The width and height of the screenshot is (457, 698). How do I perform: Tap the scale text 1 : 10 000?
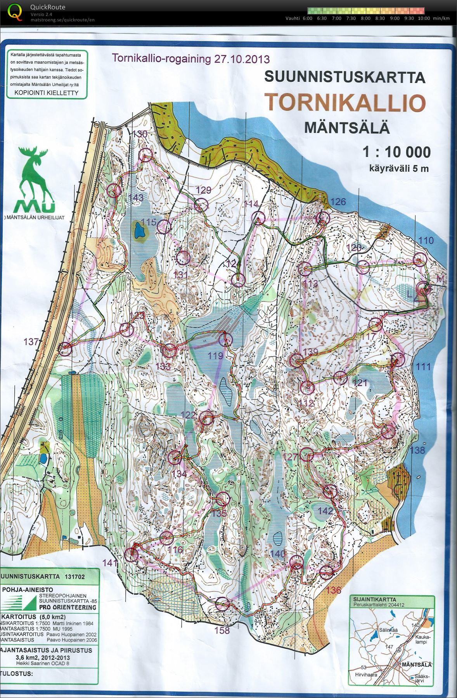pos(396,152)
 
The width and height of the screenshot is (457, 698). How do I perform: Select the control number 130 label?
pos(140,134)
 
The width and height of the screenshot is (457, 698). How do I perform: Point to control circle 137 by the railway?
pos(65,349)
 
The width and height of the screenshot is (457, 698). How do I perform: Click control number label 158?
pos(222,630)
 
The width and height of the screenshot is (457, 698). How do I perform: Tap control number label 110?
pos(426,241)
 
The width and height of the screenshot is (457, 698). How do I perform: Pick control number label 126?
pos(338,202)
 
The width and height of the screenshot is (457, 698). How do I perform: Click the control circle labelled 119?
pos(225,340)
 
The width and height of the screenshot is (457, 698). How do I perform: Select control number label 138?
pos(417,450)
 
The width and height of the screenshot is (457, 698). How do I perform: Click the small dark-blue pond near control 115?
pos(139,232)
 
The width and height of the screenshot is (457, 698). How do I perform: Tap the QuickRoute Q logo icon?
pos(15,11)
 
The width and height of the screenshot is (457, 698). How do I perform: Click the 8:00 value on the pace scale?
pos(365,18)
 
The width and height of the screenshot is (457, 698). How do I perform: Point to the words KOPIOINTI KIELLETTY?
pos(46,93)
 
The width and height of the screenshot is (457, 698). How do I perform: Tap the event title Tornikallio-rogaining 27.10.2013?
pos(190,59)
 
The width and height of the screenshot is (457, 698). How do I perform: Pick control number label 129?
pos(203,190)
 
